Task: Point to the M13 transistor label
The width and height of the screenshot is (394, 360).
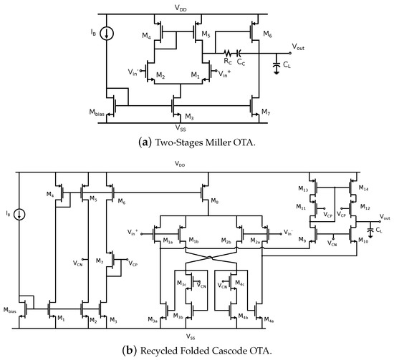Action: pos(304,190)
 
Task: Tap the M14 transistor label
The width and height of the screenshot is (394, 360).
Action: pos(363,190)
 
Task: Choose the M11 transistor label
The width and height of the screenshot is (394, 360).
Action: pos(304,207)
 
